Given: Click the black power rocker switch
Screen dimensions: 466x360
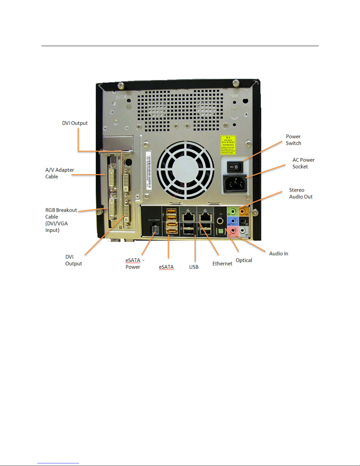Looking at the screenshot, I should coord(234,167).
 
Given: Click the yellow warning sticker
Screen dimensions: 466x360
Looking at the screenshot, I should coord(228,145).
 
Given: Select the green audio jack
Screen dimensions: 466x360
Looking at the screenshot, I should coord(233,211).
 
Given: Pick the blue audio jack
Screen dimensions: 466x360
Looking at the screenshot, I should coord(233,221).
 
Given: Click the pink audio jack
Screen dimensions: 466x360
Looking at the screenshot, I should coord(233,231).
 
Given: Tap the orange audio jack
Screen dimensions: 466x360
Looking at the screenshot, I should coord(242,211).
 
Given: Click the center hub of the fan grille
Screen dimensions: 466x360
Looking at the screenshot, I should coord(185,170).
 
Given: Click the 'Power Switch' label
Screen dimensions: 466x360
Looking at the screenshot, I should coord(293,140).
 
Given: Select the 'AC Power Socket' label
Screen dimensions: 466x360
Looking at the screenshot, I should coord(303,163).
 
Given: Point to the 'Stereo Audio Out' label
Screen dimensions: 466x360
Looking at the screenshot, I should coord(301,193).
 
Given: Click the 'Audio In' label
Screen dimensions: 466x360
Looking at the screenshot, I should coord(278,253).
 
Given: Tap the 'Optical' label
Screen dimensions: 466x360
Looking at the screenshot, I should coord(244,260).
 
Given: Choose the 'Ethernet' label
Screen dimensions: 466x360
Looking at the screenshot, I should coord(222,263).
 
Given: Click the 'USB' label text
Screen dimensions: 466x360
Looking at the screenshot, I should coord(194,267).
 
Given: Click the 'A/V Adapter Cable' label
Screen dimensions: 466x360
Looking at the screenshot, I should coord(59,173).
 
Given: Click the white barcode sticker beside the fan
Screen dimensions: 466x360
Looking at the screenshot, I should coord(149,171).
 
